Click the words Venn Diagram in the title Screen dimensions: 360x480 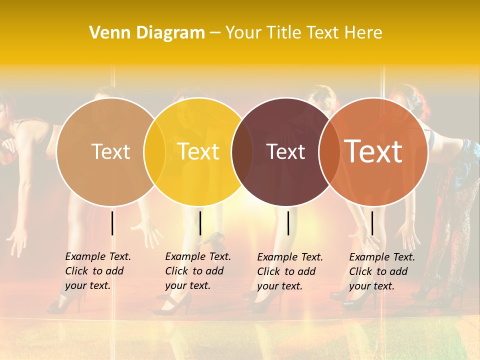[147, 32]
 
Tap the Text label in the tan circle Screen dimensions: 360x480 [110, 151]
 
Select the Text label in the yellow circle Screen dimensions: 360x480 [198, 151]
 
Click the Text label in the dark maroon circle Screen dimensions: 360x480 [285, 152]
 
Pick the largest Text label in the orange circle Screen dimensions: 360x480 [373, 151]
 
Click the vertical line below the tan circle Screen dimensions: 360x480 [112, 223]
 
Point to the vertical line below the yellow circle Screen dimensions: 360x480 [200, 223]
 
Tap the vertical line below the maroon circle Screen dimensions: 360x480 [288, 223]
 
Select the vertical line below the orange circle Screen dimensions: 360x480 [372, 223]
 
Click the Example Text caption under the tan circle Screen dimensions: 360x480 [98, 271]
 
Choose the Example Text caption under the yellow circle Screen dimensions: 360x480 [198, 271]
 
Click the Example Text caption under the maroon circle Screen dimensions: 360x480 [290, 271]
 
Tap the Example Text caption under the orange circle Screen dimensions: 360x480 [382, 271]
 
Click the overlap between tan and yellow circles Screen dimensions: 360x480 [154, 151]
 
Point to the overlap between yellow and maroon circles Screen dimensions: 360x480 [242, 151]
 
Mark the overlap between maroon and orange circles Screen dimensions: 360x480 [329, 151]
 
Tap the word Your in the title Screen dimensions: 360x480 [243, 32]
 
